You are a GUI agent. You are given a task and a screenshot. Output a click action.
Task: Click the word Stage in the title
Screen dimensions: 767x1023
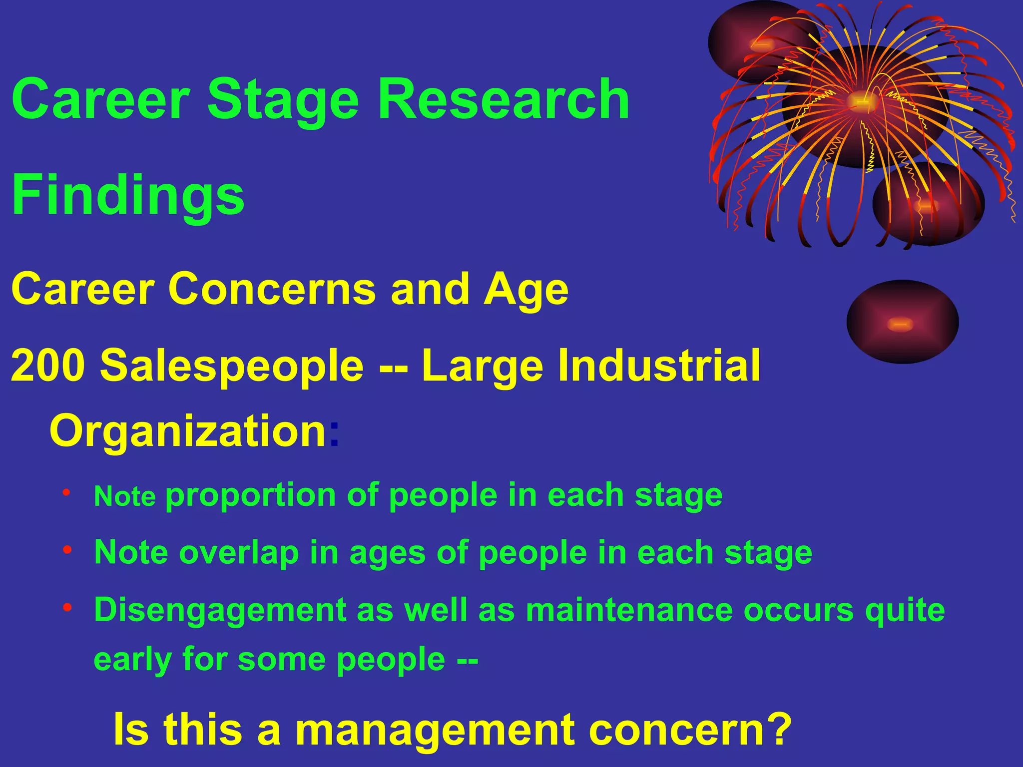pyautogui.click(x=283, y=100)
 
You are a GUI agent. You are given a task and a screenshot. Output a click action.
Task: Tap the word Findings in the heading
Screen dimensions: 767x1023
pyautogui.click(x=128, y=196)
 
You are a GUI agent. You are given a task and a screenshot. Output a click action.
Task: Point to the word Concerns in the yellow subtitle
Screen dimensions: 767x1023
pyautogui.click(x=272, y=289)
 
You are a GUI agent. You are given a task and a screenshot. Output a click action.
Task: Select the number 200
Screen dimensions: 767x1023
pyautogui.click(x=48, y=366)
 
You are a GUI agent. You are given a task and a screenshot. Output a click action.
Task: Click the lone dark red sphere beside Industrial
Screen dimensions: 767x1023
pyautogui.click(x=902, y=322)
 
